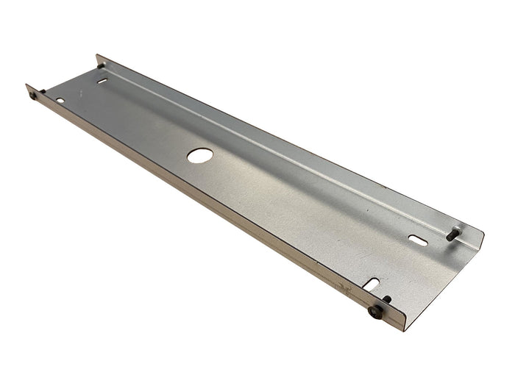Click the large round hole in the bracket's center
pos(199,155)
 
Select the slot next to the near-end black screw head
pos(372,283)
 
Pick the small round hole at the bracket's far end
pos(60,100)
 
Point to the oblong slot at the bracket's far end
pos(102,81)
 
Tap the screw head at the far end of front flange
pos(32,93)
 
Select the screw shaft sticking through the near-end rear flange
pos(454,234)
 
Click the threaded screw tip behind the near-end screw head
pos(386,301)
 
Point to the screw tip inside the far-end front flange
pos(41,91)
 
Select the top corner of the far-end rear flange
pos(98,56)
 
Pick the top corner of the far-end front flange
pos(29,85)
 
